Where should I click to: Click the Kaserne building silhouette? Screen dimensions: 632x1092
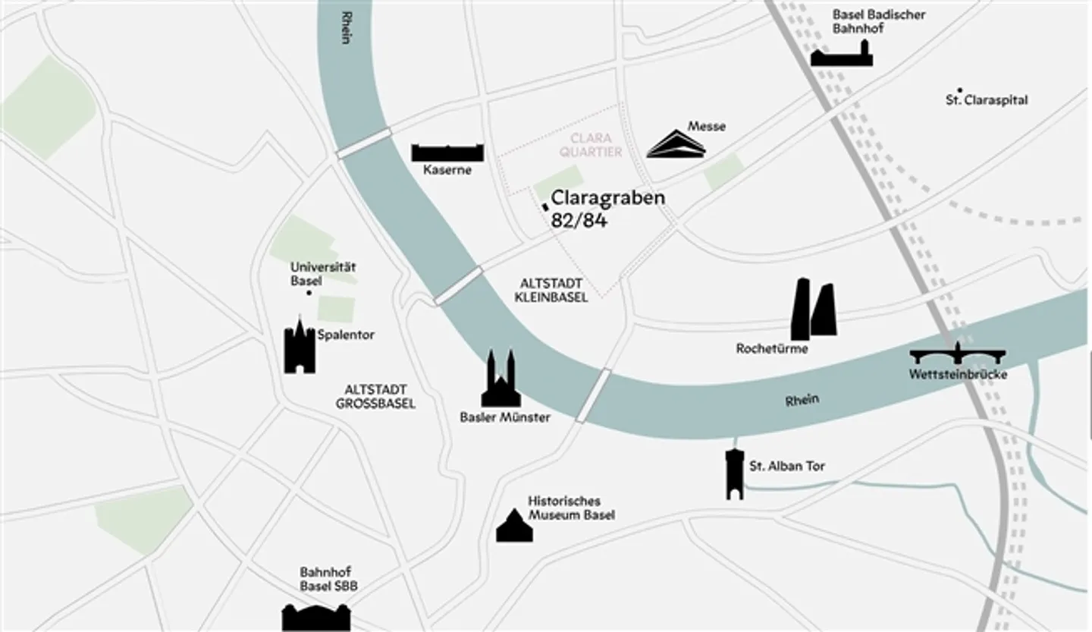click(447, 152)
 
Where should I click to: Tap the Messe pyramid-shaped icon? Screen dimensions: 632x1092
click(676, 144)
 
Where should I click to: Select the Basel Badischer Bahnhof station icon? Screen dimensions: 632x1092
click(842, 55)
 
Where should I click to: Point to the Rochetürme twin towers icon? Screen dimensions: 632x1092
click(814, 310)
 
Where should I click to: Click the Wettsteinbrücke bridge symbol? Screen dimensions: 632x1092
click(958, 354)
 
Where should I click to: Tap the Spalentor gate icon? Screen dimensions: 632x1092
click(300, 347)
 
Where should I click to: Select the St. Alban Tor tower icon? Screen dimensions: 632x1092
click(734, 473)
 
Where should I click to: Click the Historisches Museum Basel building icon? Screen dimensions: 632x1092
click(514, 527)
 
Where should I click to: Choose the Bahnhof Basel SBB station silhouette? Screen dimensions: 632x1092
click(316, 616)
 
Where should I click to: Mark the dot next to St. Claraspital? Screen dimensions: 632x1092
click(960, 90)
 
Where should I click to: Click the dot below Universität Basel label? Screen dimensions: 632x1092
click(309, 293)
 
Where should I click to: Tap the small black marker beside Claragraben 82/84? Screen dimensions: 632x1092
click(544, 206)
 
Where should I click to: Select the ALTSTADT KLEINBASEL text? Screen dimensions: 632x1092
click(551, 290)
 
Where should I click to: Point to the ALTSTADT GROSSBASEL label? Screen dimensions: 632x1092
click(375, 397)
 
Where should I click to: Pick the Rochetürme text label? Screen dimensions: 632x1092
click(772, 349)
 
